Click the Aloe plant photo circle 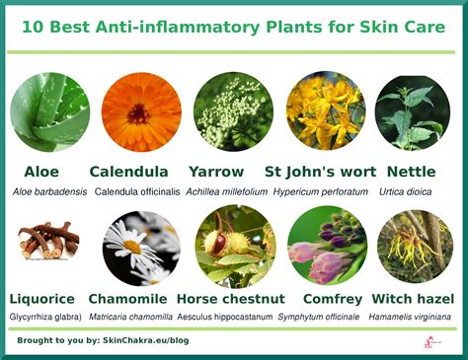click(48, 111)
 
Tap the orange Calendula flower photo click(140, 111)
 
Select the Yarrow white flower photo click(233, 111)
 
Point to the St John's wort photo click(325, 111)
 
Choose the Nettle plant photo click(413, 111)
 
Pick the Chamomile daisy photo click(140, 244)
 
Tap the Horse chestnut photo click(233, 244)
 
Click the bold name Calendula click(128, 172)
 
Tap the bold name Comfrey click(327, 298)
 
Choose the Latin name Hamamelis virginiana click(416, 316)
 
